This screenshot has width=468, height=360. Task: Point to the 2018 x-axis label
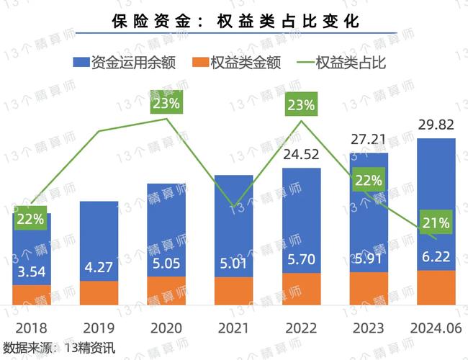point(31,328)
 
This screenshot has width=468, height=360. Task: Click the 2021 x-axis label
point(234,328)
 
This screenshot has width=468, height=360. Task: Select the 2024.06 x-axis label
point(436,328)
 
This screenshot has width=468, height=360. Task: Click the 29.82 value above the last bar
point(436,125)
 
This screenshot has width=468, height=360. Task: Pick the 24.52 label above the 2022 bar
point(301,154)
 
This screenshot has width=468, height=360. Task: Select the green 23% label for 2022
point(301,105)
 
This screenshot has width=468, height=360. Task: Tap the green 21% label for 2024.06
point(436,222)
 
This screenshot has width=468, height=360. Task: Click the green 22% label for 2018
point(31,218)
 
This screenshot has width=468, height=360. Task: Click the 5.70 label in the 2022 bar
point(301,260)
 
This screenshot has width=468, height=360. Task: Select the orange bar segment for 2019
point(99,292)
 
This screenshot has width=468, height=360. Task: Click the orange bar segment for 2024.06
point(436,287)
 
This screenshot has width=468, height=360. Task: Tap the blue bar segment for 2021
point(234,216)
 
